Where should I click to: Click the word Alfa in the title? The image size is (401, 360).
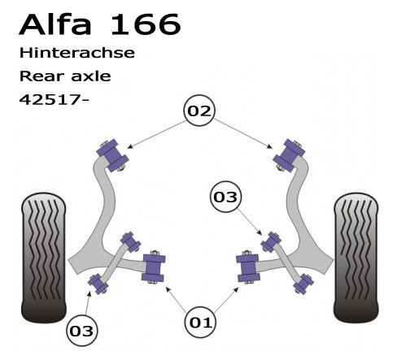click(x=54, y=24)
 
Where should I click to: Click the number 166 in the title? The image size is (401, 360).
click(x=146, y=24)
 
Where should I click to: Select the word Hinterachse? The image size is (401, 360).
click(x=77, y=53)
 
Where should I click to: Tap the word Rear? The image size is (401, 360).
click(x=41, y=76)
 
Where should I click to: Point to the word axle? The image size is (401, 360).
click(x=91, y=76)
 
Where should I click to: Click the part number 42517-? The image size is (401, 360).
click(x=54, y=100)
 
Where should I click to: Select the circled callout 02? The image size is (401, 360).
click(x=199, y=111)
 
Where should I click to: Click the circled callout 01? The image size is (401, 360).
click(x=200, y=323)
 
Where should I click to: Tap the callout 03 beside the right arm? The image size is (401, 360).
click(x=225, y=197)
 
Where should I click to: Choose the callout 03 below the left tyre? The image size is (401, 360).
click(x=81, y=331)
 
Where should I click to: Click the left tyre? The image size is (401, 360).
click(x=43, y=258)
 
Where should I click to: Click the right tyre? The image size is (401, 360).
click(x=355, y=258)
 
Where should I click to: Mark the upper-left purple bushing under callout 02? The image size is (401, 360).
click(x=112, y=155)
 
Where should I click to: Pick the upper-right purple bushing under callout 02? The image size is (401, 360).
click(x=289, y=155)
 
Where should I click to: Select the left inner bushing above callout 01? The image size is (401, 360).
click(x=154, y=267)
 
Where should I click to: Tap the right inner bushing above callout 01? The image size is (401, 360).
click(x=248, y=267)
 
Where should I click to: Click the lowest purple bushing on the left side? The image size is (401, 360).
click(x=98, y=284)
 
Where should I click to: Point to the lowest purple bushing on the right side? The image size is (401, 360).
click(x=303, y=284)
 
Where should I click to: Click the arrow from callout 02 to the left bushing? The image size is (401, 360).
click(x=156, y=135)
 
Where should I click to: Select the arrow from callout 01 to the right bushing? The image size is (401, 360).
click(x=226, y=300)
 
